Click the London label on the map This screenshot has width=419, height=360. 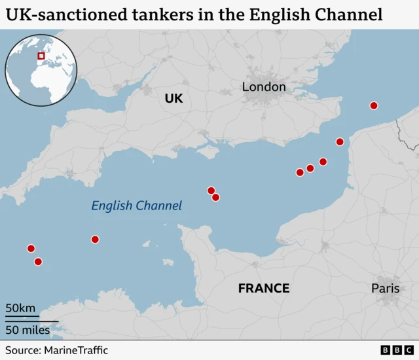click(x=264, y=86)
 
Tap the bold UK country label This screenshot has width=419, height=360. click(x=173, y=99)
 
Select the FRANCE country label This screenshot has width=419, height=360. click(x=263, y=288)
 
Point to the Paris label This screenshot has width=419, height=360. click(x=385, y=288)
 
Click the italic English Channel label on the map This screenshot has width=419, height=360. click(x=136, y=206)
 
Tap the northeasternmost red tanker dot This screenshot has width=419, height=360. click(x=374, y=105)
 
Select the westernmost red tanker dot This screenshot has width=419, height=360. click(x=31, y=248)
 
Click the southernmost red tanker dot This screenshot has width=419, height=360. click(x=38, y=262)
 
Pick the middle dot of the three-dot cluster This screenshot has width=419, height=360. click(x=310, y=168)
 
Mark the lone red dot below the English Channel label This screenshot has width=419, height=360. click(x=95, y=240)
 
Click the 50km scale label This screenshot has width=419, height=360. click(x=21, y=308)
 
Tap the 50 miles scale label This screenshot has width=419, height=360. click(x=28, y=330)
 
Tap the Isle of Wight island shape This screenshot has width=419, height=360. click(x=209, y=153)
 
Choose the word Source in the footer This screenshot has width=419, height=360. click(x=22, y=351)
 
